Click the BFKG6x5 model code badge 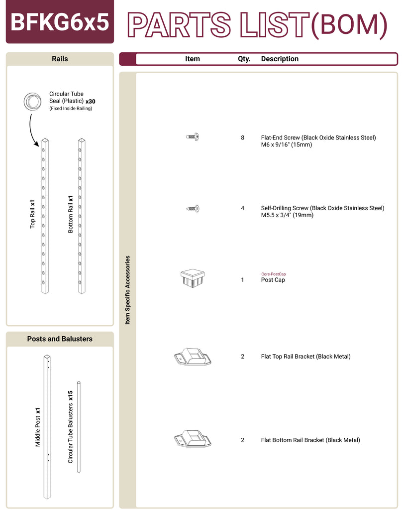pos(60,22)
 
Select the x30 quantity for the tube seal pos(90,101)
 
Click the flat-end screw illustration pos(193,136)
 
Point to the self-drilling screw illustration pos(193,208)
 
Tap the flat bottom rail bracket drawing pos(193,439)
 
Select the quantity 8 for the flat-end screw pos(242,137)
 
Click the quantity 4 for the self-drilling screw pos(242,208)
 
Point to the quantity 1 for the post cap pos(242,280)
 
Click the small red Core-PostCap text pos(273,274)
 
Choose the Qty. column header pos(244,59)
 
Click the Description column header pos(280,59)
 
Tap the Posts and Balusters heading pos(60,339)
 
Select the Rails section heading pos(60,59)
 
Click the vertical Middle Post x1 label pos(38,427)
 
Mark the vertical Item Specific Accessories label pos(128,290)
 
